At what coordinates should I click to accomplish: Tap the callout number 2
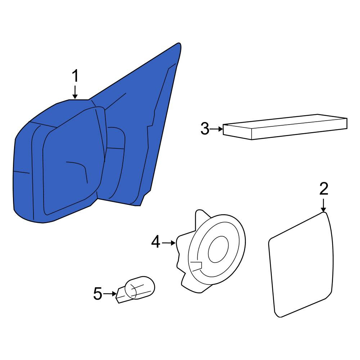click(324, 189)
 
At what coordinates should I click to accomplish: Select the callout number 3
click(205, 129)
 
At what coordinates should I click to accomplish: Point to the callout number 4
click(156, 242)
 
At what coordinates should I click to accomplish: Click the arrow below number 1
click(75, 92)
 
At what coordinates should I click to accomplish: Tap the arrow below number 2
click(323, 205)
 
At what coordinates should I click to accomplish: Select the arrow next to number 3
click(216, 129)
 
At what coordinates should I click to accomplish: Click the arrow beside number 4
click(169, 243)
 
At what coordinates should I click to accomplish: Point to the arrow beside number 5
click(110, 294)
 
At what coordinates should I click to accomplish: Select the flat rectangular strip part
click(285, 127)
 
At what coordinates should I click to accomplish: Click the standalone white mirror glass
click(301, 265)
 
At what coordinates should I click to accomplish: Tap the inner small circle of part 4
click(218, 249)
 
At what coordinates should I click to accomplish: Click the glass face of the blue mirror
click(73, 161)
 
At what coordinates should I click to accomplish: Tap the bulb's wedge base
click(121, 296)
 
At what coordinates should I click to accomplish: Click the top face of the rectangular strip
click(285, 121)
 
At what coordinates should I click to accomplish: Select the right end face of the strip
click(346, 124)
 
